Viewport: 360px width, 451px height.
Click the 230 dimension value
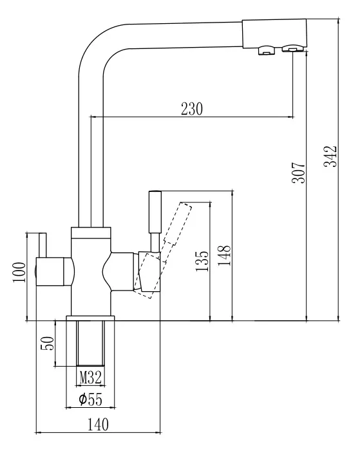(191, 109)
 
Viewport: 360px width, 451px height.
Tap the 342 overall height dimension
(330, 157)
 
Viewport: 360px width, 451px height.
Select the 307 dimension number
(298, 173)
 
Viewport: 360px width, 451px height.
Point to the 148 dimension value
(224, 255)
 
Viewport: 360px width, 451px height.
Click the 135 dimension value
(202, 261)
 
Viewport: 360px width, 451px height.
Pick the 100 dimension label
(19, 272)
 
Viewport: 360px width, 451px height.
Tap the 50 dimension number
(48, 343)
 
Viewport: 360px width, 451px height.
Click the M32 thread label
(91, 378)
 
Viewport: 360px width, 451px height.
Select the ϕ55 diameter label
(90, 399)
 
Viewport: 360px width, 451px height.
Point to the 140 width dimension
(98, 425)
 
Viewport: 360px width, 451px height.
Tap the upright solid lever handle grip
(155, 212)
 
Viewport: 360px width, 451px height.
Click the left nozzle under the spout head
(267, 50)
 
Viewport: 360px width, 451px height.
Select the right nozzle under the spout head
(293, 48)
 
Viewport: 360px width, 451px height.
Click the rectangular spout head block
(274, 33)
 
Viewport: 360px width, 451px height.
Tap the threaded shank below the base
(90, 343)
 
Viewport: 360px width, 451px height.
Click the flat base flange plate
(90, 318)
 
